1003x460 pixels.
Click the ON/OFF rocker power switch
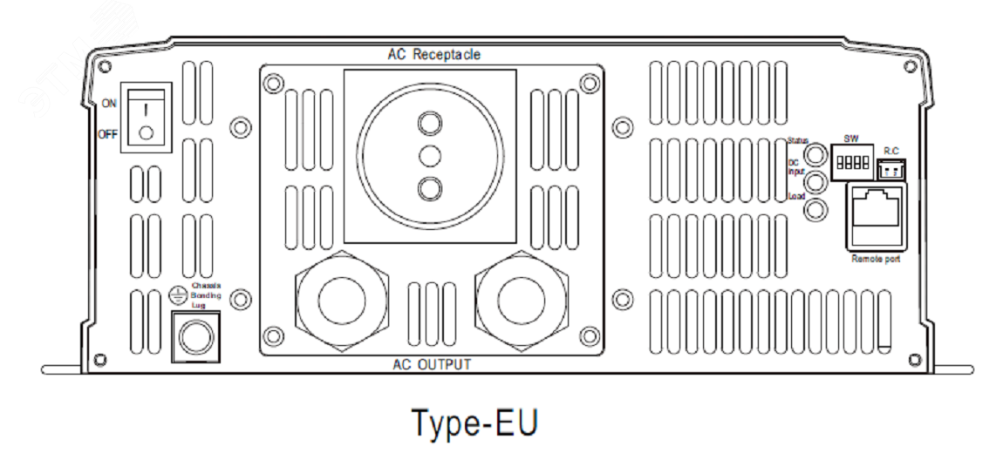coord(146,118)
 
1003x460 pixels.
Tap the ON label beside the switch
coord(108,103)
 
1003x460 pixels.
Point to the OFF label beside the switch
coord(108,134)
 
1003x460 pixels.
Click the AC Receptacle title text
coord(433,54)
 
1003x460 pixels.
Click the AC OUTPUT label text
coord(431,364)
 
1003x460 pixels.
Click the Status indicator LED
coord(815,155)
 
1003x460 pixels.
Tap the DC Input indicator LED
coord(815,183)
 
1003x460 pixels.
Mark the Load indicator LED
coord(815,210)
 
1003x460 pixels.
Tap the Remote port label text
coord(875,259)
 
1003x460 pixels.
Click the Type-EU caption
coord(474,424)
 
